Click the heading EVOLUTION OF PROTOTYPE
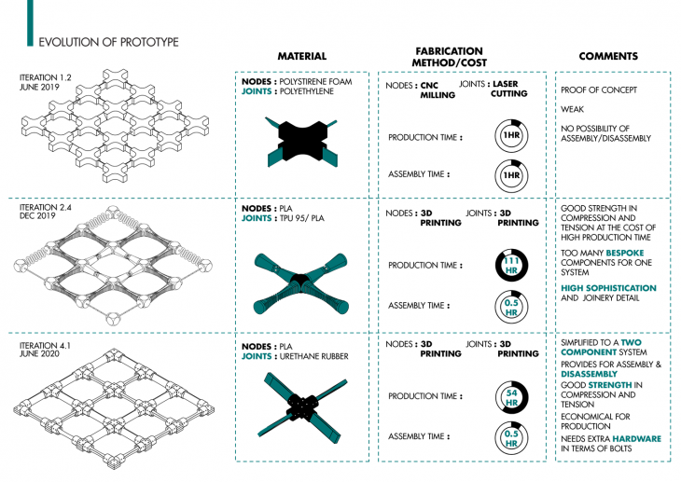[107, 42]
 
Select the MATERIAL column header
[301, 57]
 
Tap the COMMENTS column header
[607, 57]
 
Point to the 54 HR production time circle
[510, 396]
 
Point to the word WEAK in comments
[573, 108]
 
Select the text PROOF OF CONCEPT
[598, 90]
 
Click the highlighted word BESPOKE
[623, 253]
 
